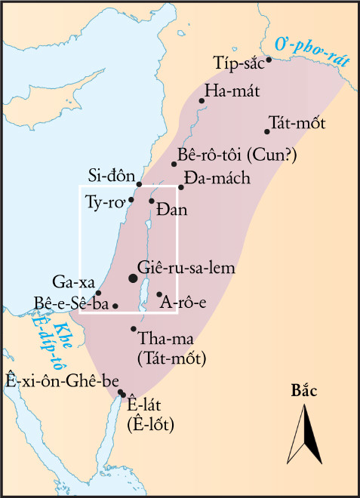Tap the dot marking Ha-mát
pyautogui.click(x=202, y=100)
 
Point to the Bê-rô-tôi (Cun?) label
pyautogui.click(x=238, y=155)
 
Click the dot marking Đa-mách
pyautogui.click(x=181, y=186)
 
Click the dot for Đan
pyautogui.click(x=152, y=201)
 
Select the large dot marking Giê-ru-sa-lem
pyautogui.click(x=134, y=278)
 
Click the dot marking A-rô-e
pyautogui.click(x=159, y=294)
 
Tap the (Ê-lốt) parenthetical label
pyautogui.click(x=151, y=424)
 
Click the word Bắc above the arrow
pyautogui.click(x=304, y=391)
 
